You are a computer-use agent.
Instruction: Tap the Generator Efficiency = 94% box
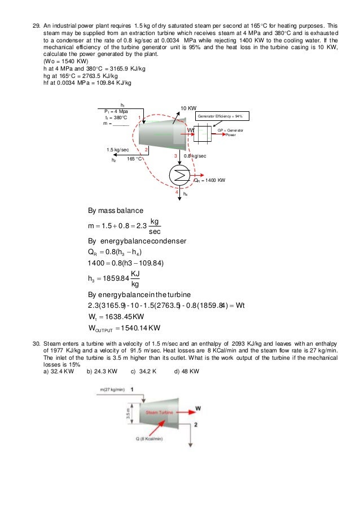point(223,116)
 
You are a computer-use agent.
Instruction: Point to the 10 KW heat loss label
point(188,107)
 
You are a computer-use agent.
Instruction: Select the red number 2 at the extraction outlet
point(146,149)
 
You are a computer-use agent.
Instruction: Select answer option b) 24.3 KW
point(102,372)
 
